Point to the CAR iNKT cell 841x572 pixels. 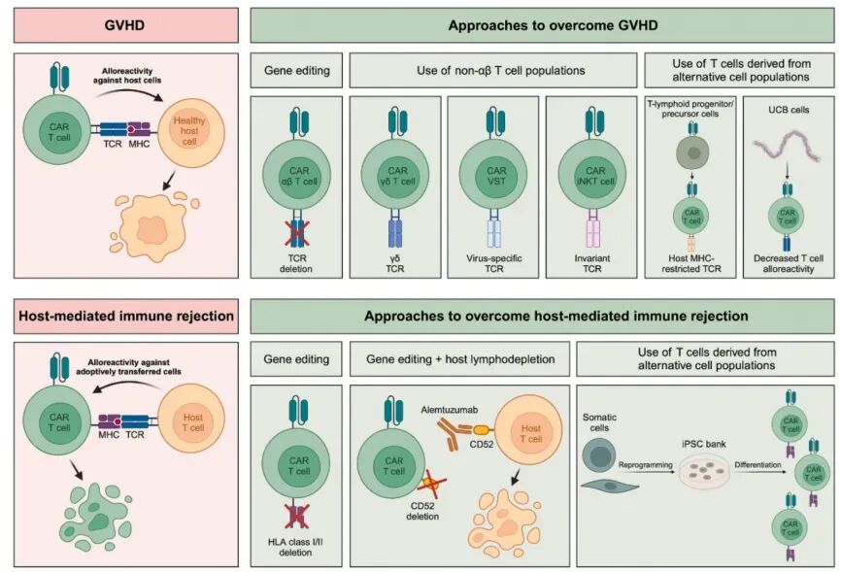pyautogui.click(x=592, y=158)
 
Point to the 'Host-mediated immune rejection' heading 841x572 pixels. pyautogui.click(x=125, y=316)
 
